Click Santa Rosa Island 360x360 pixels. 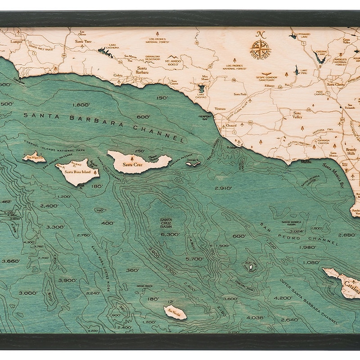click(x=79, y=171)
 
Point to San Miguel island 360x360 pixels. click(x=34, y=157)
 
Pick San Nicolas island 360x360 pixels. click(x=175, y=312)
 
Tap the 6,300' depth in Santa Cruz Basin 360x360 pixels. click(x=170, y=234)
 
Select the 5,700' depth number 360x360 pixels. click(x=194, y=259)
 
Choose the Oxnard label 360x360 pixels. click(x=231, y=126)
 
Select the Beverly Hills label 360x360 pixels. click(x=351, y=152)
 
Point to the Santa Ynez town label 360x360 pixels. click(x=84, y=41)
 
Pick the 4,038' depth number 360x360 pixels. click(x=255, y=317)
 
